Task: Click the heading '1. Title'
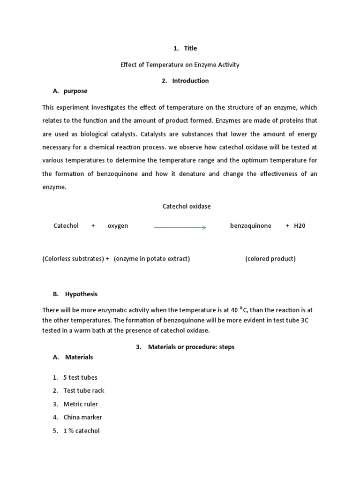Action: [185, 48]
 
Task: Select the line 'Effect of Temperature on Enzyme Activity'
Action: [180, 65]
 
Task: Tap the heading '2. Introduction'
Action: [185, 81]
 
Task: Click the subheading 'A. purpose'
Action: [70, 91]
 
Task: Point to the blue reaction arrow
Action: [180, 227]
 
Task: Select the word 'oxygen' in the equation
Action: [118, 225]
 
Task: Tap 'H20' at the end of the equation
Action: [300, 225]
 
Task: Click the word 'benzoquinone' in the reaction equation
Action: [250, 225]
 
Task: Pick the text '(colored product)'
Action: [270, 259]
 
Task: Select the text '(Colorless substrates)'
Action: [73, 259]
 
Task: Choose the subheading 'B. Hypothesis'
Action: [75, 294]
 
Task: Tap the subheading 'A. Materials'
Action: [73, 357]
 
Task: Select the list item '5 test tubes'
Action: [80, 377]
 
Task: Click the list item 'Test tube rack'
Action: [84, 390]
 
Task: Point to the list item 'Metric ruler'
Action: [81, 404]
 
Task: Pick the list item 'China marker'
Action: [82, 417]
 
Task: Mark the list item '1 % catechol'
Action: [82, 431]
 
